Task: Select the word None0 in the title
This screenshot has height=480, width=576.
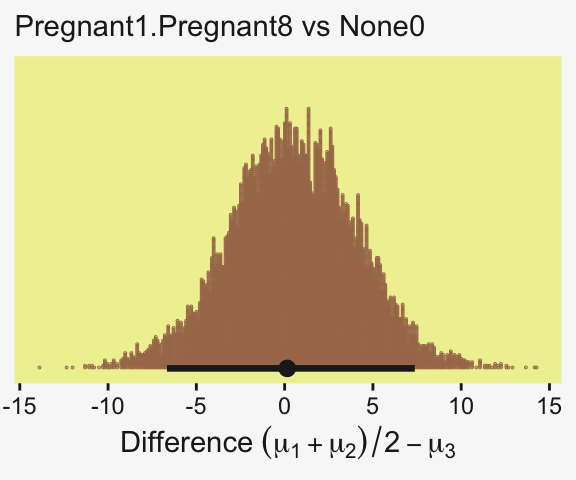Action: pos(382,26)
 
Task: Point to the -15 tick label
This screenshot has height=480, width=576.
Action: pos(19,407)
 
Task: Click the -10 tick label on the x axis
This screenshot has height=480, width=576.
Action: pos(108,407)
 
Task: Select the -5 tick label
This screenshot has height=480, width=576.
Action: pos(196,407)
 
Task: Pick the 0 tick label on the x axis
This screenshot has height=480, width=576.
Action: pos(284,407)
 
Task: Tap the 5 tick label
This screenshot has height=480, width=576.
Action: pos(372,407)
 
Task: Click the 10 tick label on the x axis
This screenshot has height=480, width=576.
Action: pos(461,407)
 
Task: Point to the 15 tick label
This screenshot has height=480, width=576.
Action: pos(549,407)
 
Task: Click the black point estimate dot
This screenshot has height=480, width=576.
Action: pos(287,368)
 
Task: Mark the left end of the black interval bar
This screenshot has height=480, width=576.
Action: pos(168,368)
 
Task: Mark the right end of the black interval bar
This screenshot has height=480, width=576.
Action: pos(414,368)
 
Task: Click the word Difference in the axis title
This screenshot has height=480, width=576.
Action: pos(187,442)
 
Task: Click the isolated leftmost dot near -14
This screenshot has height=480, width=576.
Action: pos(39,367)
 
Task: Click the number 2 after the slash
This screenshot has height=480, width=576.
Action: pos(392,443)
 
